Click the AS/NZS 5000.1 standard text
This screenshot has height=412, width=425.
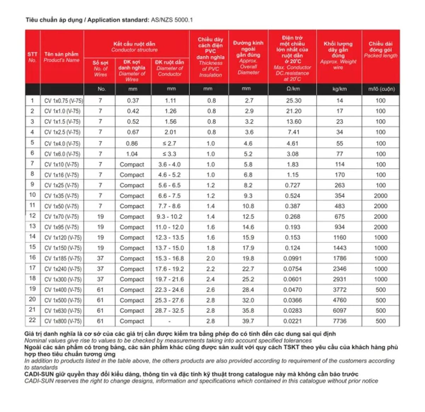(172, 20)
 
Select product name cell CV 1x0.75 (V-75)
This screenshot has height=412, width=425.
(63, 101)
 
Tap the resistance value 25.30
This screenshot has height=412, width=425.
(294, 101)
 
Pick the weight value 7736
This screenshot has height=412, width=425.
(339, 321)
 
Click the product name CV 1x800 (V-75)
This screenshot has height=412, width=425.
(63, 321)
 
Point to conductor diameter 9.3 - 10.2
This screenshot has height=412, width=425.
(169, 216)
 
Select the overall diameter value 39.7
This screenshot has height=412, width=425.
(248, 321)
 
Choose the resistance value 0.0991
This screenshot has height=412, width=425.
(292, 258)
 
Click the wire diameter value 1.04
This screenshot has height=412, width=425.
(132, 154)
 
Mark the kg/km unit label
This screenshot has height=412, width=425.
(339, 89)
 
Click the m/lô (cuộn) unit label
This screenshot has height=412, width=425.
(381, 89)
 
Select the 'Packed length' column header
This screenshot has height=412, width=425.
(380, 56)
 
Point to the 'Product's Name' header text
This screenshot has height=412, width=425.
(61, 60)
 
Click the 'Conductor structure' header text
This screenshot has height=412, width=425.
(134, 50)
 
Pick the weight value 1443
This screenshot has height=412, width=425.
(339, 248)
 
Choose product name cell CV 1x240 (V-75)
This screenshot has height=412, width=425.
(63, 269)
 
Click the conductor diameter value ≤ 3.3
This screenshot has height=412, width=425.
(169, 154)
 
